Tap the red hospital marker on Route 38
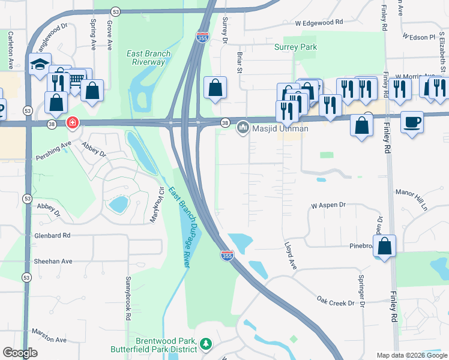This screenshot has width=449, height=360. pos(73,123)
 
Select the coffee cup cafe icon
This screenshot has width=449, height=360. pos(412,122)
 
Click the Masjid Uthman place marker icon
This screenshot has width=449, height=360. pos(243,127)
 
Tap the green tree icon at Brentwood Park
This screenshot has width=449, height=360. pos(206,344)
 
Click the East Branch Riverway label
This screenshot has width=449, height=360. pos(148,58)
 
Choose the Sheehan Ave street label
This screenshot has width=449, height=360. pos(53,261)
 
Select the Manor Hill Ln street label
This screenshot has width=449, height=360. pos(411,200)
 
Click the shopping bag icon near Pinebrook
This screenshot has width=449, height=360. pos(386,246)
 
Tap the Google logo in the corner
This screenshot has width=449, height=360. pos(20,353)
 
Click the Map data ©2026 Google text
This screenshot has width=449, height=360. pos(411,355)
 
